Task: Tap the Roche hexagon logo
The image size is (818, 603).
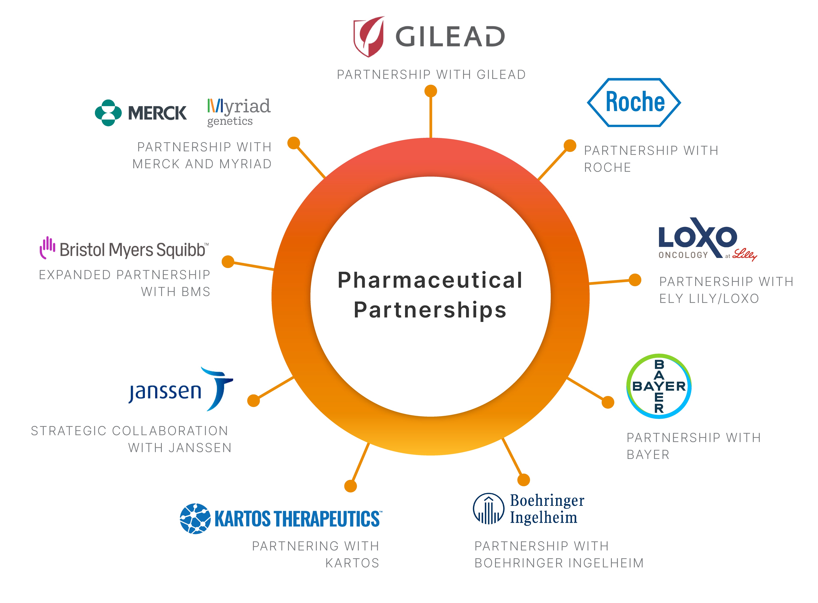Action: click(634, 103)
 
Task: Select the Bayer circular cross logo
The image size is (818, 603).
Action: click(659, 386)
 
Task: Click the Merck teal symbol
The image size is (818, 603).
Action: click(108, 113)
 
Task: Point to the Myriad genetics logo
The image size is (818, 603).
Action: click(239, 112)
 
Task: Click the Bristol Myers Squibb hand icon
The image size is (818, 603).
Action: click(48, 248)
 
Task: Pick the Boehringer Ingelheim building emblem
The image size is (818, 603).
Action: click(488, 509)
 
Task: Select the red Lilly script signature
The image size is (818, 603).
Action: click(745, 255)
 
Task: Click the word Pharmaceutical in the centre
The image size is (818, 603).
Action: click(430, 280)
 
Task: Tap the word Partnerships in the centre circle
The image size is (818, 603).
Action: click(430, 310)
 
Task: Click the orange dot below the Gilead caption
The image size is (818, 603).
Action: click(431, 91)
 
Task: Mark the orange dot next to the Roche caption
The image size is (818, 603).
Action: click(570, 146)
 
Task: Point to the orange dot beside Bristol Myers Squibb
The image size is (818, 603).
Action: click(228, 262)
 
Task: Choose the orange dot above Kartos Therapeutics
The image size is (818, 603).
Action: click(350, 486)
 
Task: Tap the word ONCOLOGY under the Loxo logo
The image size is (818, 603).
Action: click(683, 255)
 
